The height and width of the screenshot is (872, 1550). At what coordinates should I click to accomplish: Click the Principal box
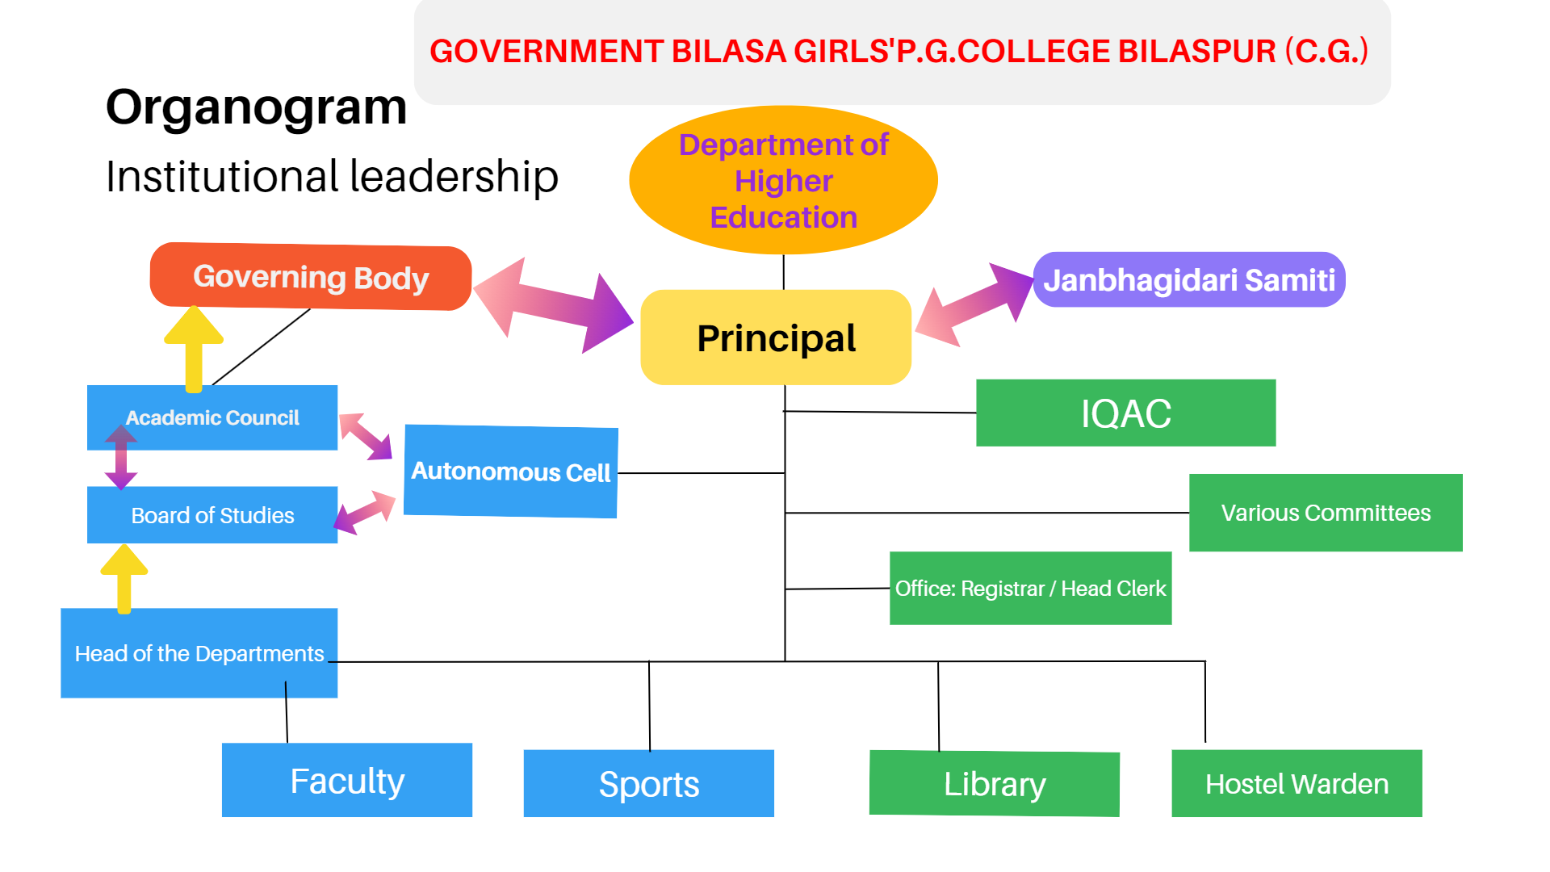(776, 337)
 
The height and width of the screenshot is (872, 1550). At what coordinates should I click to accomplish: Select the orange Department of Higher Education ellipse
(783, 180)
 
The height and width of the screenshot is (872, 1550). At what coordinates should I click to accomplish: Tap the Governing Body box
(311, 276)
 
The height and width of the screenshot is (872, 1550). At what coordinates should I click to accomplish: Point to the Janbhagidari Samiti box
(1189, 279)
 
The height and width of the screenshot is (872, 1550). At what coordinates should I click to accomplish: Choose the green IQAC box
(1126, 413)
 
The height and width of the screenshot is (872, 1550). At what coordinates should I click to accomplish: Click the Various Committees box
(1326, 513)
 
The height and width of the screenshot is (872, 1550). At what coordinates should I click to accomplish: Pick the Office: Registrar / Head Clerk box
(1030, 588)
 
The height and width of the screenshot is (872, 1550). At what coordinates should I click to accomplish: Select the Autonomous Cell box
(511, 472)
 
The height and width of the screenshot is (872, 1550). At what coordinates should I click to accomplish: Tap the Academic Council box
(212, 417)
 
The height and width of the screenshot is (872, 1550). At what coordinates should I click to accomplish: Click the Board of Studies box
(212, 515)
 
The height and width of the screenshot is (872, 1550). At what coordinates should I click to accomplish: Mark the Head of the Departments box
(199, 653)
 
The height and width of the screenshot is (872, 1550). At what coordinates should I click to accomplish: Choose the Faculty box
(347, 780)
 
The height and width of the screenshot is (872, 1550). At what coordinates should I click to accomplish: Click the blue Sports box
(649, 783)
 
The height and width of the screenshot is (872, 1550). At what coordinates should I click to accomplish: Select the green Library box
(995, 783)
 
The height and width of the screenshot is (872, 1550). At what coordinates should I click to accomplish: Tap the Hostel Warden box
(1297, 783)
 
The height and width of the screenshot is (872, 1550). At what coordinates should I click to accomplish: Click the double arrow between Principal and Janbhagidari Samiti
(974, 304)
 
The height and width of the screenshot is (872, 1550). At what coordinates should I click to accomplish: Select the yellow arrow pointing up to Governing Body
(194, 349)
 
